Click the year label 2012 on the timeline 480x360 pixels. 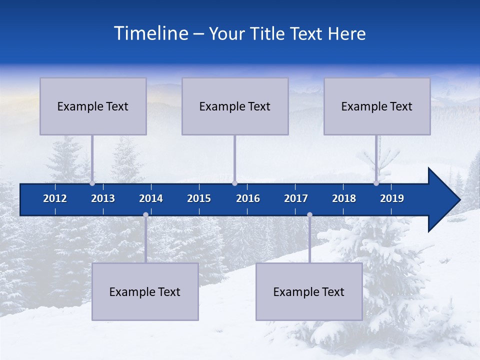pos(55,198)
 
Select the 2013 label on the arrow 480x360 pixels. pos(103,198)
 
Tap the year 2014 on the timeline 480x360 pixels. pos(151,198)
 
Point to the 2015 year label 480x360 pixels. pos(199,198)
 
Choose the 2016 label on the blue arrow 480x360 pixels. pos(248,198)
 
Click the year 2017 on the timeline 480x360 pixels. pos(296,198)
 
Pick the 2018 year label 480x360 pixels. pos(344,198)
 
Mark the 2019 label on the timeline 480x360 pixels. pos(392,198)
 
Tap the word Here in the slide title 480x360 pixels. pos(346,33)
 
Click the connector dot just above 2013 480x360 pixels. pos(92,183)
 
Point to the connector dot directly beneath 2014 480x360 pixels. pos(145,215)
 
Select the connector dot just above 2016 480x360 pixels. pos(234,183)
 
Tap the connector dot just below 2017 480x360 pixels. pos(309,215)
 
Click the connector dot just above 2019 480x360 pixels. pos(376,183)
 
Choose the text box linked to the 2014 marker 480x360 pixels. pos(145,292)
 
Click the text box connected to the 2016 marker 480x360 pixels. pos(235,106)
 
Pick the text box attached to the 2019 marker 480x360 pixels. pos(377,106)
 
